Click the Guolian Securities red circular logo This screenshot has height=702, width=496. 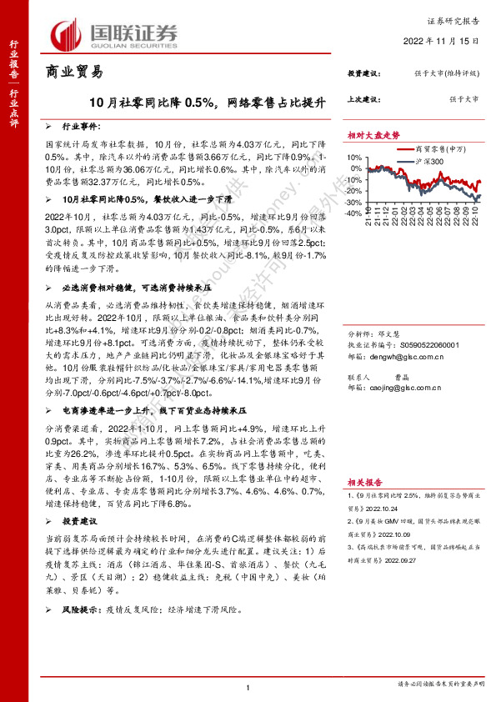tap(66, 33)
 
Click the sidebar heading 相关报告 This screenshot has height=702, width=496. tap(364, 482)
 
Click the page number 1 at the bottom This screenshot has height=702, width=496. tap(248, 686)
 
